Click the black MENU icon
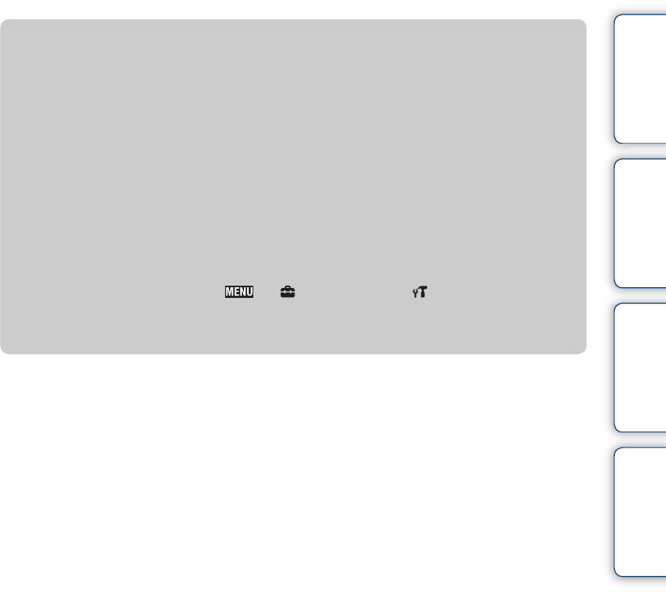click(x=239, y=292)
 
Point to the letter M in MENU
click(x=230, y=292)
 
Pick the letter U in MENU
click(x=249, y=292)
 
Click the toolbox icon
click(x=288, y=292)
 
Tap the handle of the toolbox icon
click(x=288, y=287)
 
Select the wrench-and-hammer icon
click(x=420, y=292)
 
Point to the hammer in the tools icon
click(x=423, y=291)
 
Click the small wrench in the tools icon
click(x=415, y=293)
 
